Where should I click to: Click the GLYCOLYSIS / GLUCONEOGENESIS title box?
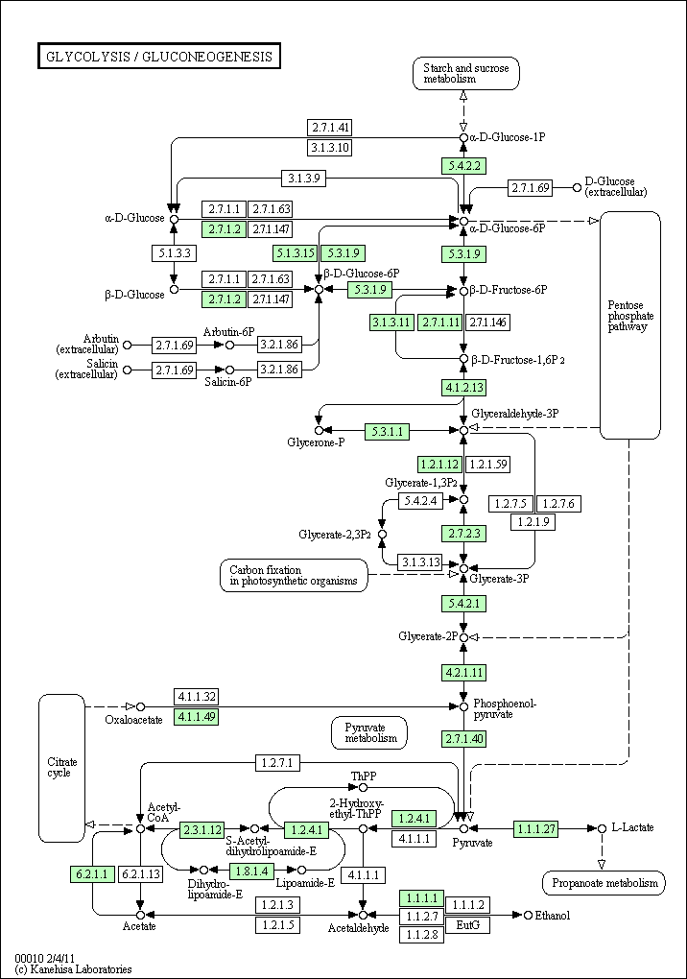pyautogui.click(x=159, y=57)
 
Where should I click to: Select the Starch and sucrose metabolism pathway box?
pyautogui.click(x=465, y=74)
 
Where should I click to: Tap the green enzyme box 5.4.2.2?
pyautogui.click(x=463, y=166)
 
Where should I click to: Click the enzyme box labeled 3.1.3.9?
pyautogui.click(x=303, y=179)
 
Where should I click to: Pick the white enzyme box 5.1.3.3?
pyautogui.click(x=174, y=253)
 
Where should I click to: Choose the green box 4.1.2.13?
pyautogui.click(x=463, y=388)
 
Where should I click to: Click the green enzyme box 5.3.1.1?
pyautogui.click(x=388, y=431)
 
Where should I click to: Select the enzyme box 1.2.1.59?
pyautogui.click(x=488, y=465)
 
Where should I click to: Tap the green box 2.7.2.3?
pyautogui.click(x=463, y=534)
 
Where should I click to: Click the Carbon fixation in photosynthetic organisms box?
pyautogui.click(x=294, y=575)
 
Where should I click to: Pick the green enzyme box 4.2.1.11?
pyautogui.click(x=463, y=673)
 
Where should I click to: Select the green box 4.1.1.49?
pyautogui.click(x=197, y=717)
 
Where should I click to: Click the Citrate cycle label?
pyautogui.click(x=61, y=767)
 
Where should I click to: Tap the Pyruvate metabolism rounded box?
pyautogui.click(x=369, y=733)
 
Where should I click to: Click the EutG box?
pyautogui.click(x=467, y=924)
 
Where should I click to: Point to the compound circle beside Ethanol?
pyautogui.click(x=528, y=915)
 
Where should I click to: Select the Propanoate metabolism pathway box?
pyautogui.click(x=604, y=883)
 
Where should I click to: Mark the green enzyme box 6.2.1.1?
pyautogui.click(x=92, y=874)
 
